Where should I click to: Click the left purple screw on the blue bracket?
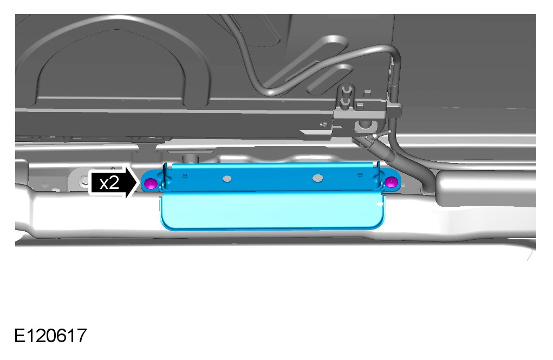(151, 184)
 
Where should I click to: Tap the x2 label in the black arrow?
(109, 183)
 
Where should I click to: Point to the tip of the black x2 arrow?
(138, 182)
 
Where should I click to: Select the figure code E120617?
(50, 335)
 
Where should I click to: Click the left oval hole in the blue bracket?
(227, 179)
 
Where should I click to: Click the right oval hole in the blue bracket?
(317, 178)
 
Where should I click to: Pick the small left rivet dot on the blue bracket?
(186, 175)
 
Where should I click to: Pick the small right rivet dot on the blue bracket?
(360, 174)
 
